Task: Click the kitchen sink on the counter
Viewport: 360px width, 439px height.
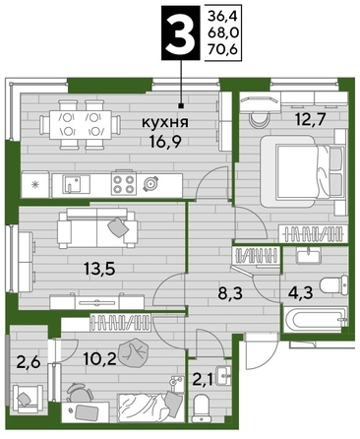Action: click(73, 183)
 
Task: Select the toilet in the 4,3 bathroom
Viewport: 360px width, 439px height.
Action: click(330, 283)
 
